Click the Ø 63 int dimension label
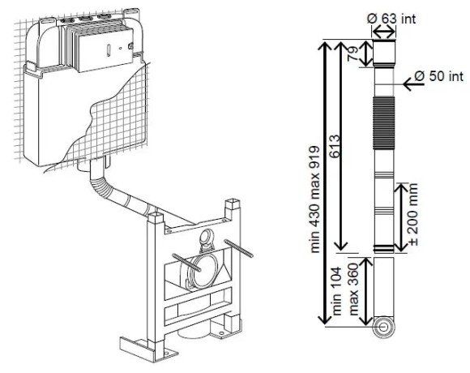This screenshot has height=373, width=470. [391, 19]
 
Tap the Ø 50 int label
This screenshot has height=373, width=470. [439, 76]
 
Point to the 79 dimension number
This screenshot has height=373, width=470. [353, 54]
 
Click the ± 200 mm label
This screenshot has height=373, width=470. [413, 215]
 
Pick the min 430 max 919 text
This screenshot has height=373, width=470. [314, 199]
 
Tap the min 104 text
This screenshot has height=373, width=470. [337, 291]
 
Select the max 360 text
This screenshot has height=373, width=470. [353, 289]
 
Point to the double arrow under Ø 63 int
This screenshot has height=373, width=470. [384, 32]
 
